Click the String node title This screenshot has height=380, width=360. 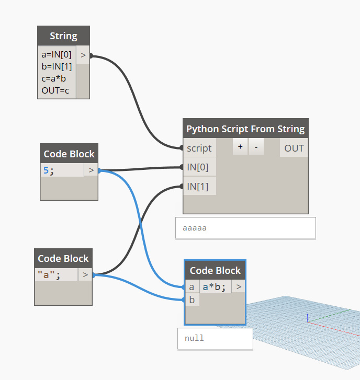coord(63,36)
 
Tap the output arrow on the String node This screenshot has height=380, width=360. coord(83,54)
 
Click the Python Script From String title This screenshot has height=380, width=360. coord(245,129)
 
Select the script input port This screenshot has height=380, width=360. coord(199,148)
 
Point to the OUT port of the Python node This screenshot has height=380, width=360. coord(294,148)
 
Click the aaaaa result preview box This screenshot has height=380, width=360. coord(245,228)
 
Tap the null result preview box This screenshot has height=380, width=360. coord(215,338)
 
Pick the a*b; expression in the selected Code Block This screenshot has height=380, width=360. coord(215,287)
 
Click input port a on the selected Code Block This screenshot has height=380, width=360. coord(192,287)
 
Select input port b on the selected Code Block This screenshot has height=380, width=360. coord(192,300)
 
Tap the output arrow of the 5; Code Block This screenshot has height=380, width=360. coord(91,170)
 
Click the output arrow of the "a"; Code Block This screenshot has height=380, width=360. coord(85,275)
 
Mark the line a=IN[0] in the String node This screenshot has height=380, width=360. coord(57,54)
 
